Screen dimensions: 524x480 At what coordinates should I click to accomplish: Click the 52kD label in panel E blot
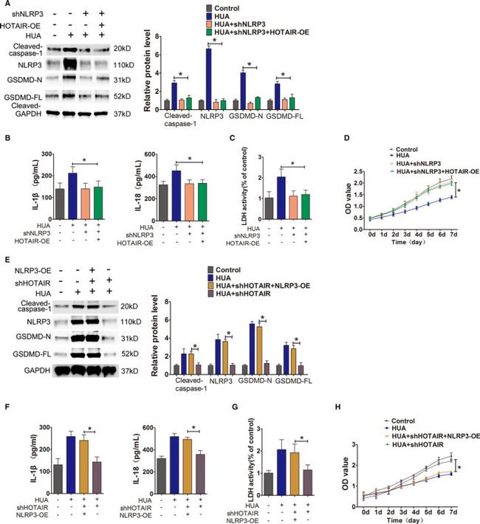[122, 355]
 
